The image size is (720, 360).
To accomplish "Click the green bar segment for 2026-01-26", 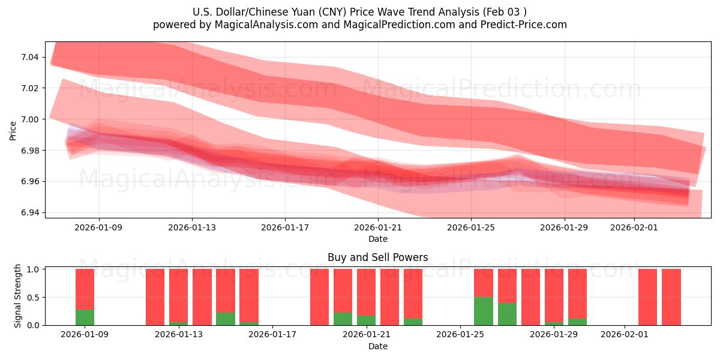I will click(484, 311).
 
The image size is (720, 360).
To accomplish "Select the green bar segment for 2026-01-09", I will click(85, 317).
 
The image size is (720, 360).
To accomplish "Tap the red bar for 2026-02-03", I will click(671, 297).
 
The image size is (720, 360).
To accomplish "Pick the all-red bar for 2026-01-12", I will click(155, 297).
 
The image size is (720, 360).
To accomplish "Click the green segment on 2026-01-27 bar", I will click(507, 314).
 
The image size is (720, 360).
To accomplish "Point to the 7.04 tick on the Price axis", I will click(29, 57).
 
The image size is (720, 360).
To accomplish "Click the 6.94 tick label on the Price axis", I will click(29, 212).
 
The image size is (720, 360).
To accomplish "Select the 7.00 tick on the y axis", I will click(29, 119).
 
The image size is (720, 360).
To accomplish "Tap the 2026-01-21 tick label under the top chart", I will click(377, 227).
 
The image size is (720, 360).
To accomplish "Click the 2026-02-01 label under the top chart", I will click(634, 227).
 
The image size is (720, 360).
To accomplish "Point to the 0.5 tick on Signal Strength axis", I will click(33, 298).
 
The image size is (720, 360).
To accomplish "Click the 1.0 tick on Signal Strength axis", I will click(33, 269).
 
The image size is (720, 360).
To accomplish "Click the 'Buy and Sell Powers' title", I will click(377, 257).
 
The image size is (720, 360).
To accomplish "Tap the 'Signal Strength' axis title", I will click(18, 296).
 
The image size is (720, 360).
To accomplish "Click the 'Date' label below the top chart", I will click(377, 239).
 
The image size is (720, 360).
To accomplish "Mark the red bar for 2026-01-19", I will click(319, 297).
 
